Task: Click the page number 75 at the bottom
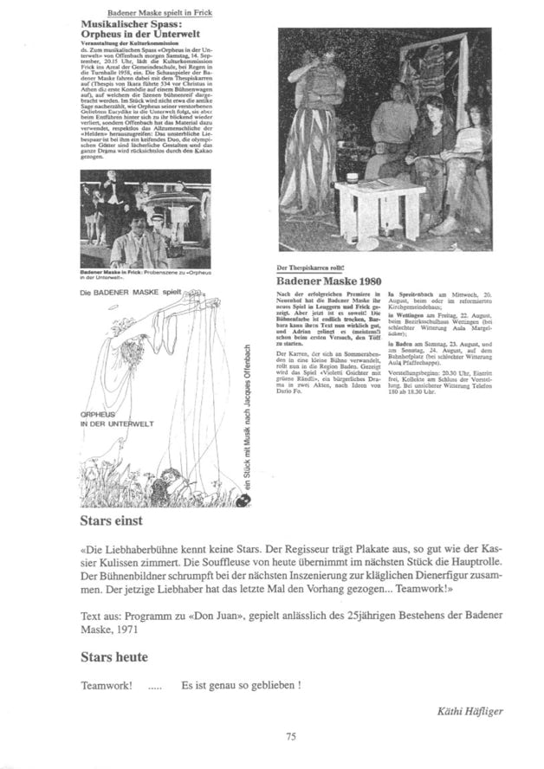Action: (x=291, y=737)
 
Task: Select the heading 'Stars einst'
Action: (x=111, y=522)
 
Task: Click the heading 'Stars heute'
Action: (x=113, y=657)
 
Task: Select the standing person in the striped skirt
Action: (x=309, y=130)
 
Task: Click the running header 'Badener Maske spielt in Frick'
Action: (x=159, y=14)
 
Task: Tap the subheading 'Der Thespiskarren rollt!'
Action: (x=314, y=270)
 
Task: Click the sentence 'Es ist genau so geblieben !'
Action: (x=241, y=684)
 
